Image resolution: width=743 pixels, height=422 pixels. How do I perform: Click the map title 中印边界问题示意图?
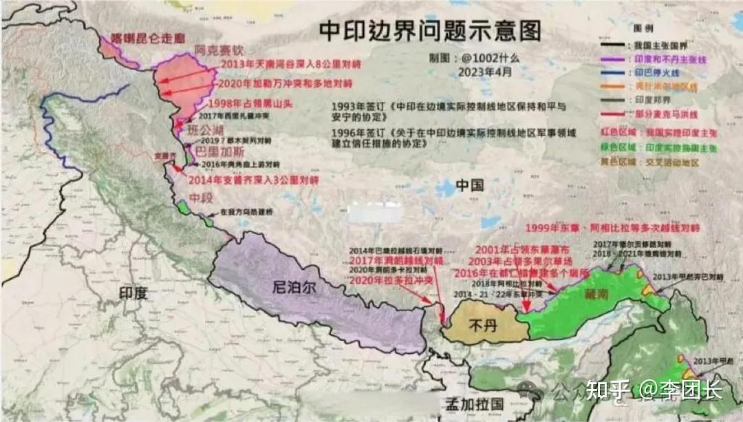tap(429, 30)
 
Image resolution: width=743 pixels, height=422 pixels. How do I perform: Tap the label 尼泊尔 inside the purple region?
tap(295, 288)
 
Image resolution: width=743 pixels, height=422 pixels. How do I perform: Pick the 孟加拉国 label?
tap(475, 403)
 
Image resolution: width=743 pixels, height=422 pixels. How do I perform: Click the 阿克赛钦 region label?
tap(219, 50)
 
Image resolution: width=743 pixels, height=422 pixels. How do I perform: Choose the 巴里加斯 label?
tap(213, 149)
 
